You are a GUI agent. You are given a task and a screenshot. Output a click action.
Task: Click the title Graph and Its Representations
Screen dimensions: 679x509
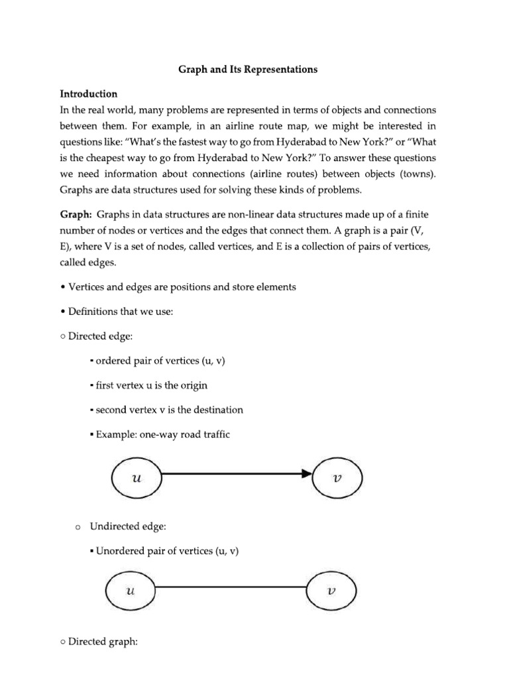coord(248,70)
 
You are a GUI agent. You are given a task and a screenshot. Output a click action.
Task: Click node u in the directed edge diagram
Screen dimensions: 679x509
coord(137,475)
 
